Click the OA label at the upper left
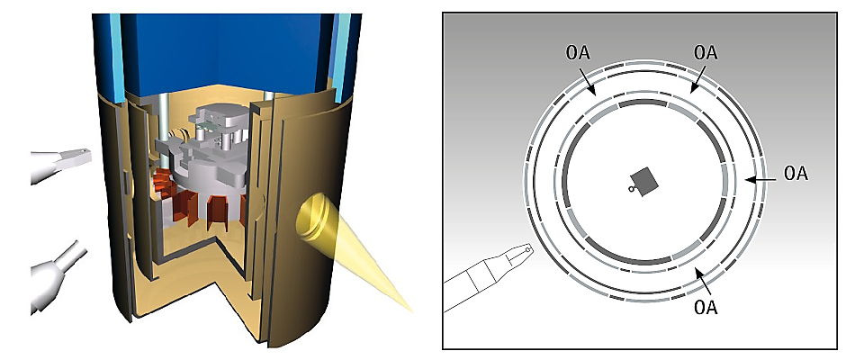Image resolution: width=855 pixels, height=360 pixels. click(578, 53)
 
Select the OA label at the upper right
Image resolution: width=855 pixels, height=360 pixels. click(706, 53)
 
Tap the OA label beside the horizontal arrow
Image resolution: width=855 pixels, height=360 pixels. click(796, 174)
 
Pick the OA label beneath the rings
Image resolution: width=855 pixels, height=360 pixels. click(706, 307)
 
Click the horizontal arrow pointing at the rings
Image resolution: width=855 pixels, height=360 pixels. click(760, 179)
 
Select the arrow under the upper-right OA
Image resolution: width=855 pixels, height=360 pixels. click(697, 79)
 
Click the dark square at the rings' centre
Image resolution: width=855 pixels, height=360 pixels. click(644, 181)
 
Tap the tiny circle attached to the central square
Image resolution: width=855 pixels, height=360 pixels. click(631, 189)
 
